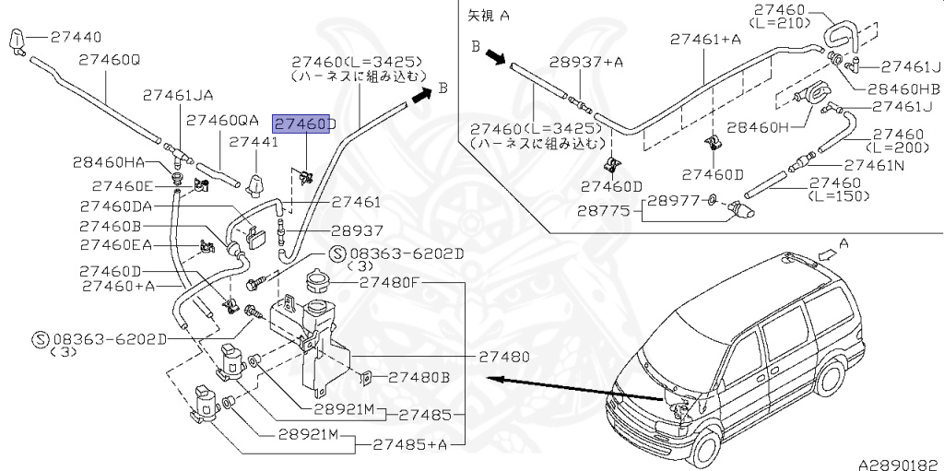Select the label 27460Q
tap(109, 60)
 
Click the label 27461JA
tap(178, 95)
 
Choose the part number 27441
tap(254, 143)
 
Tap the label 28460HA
tap(109, 162)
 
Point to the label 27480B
tap(419, 377)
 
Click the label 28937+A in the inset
tap(586, 62)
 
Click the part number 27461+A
tap(705, 39)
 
